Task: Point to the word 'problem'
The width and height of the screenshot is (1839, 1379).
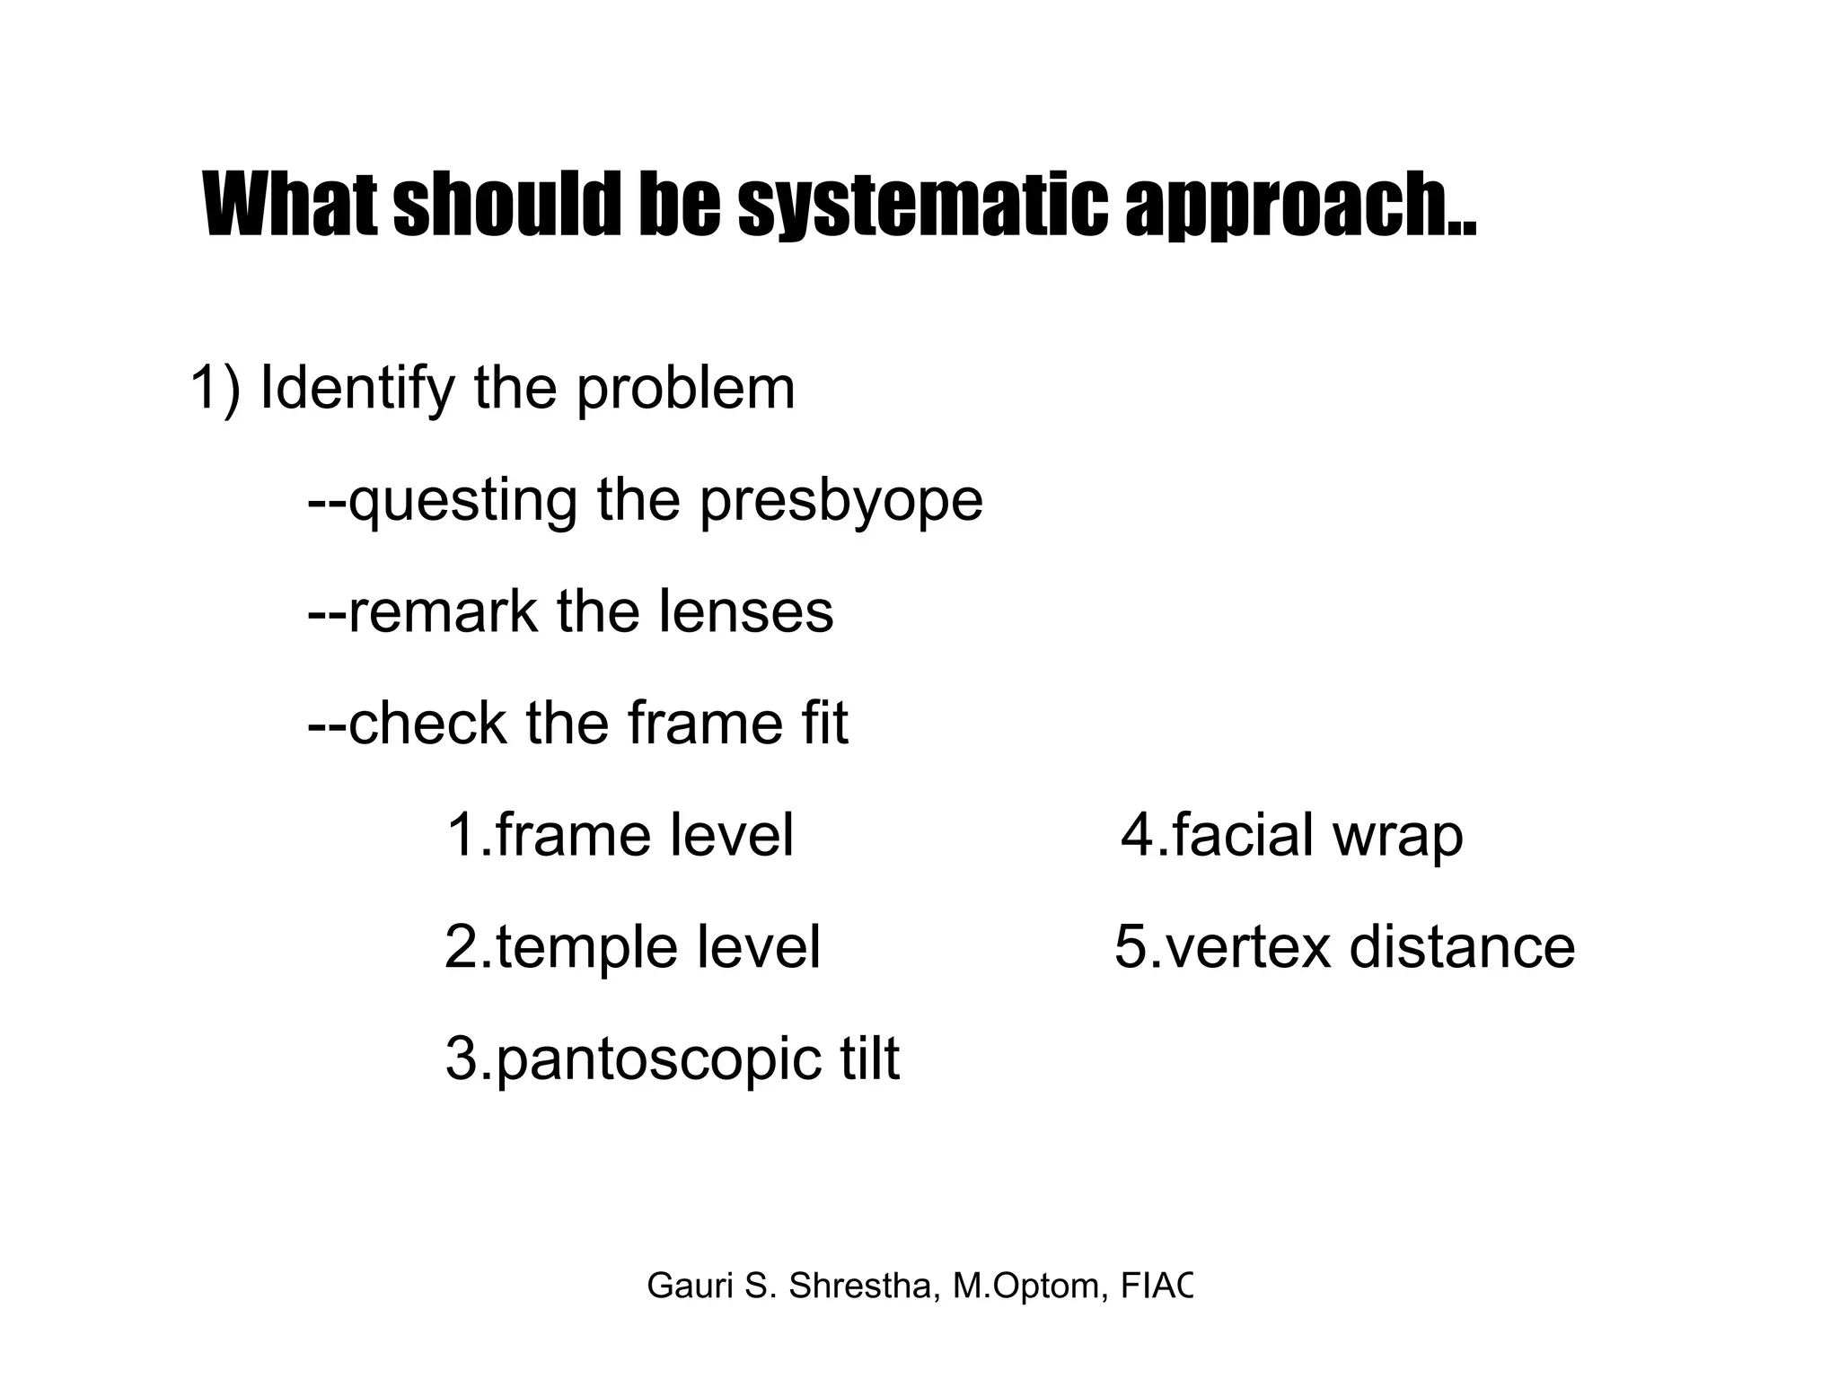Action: tap(685, 390)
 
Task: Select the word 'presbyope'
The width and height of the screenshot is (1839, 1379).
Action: tap(841, 501)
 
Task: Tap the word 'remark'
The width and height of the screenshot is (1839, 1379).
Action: tap(422, 612)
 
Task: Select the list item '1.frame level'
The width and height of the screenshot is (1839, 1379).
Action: tap(620, 835)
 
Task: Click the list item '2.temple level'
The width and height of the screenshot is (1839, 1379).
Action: tap(632, 947)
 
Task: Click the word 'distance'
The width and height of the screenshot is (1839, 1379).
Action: tap(1462, 947)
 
